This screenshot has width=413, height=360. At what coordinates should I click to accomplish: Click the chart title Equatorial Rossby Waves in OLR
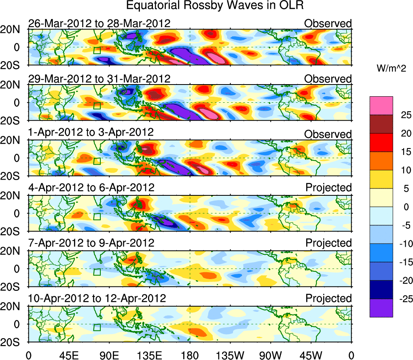(214, 6)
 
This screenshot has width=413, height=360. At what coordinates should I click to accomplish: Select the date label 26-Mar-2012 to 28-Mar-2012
(99, 23)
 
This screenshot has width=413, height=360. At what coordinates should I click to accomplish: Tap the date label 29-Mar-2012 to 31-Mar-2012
(99, 78)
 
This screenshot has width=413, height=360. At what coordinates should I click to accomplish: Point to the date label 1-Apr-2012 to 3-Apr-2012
(91, 132)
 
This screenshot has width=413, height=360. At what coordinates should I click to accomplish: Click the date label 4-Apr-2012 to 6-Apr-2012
(91, 188)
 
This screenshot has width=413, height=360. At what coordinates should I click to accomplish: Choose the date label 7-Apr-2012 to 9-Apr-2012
(91, 243)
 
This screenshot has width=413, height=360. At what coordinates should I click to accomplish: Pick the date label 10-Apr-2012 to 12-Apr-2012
(97, 299)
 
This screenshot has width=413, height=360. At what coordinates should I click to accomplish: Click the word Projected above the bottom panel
(328, 299)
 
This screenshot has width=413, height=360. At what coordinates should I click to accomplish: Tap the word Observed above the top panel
(328, 23)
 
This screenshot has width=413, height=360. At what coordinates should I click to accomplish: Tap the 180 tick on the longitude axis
(189, 355)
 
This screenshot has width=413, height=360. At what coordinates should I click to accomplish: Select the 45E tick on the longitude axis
(68, 355)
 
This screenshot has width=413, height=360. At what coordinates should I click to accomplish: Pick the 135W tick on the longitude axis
(230, 355)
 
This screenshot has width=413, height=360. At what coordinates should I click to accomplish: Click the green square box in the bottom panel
(97, 327)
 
